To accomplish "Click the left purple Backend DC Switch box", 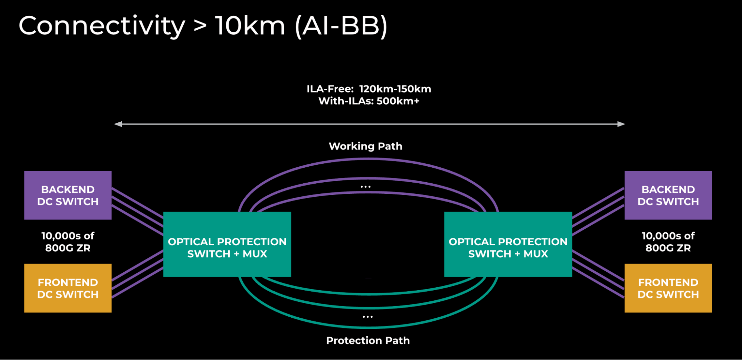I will pyautogui.click(x=68, y=195).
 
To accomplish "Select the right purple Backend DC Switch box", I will pyautogui.click(x=668, y=195).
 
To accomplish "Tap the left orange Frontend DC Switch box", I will pyautogui.click(x=68, y=288).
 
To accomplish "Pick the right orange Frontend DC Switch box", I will pyautogui.click(x=668, y=288).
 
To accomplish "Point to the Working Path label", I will pyautogui.click(x=365, y=146).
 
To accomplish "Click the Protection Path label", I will pyautogui.click(x=368, y=340).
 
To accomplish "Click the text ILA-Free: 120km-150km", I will pyautogui.click(x=369, y=89).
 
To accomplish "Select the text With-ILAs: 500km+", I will pyautogui.click(x=369, y=101).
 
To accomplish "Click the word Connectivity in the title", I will pyautogui.click(x=102, y=26).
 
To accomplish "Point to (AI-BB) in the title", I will pyautogui.click(x=341, y=26).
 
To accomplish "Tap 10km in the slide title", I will pyautogui.click(x=250, y=26).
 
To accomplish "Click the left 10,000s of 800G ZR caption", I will pyautogui.click(x=68, y=242).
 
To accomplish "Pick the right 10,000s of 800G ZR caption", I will pyautogui.click(x=668, y=242).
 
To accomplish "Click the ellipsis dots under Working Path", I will pyautogui.click(x=366, y=187).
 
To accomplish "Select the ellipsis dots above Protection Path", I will pyautogui.click(x=367, y=317).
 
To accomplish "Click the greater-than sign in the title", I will pyautogui.click(x=200, y=26).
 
